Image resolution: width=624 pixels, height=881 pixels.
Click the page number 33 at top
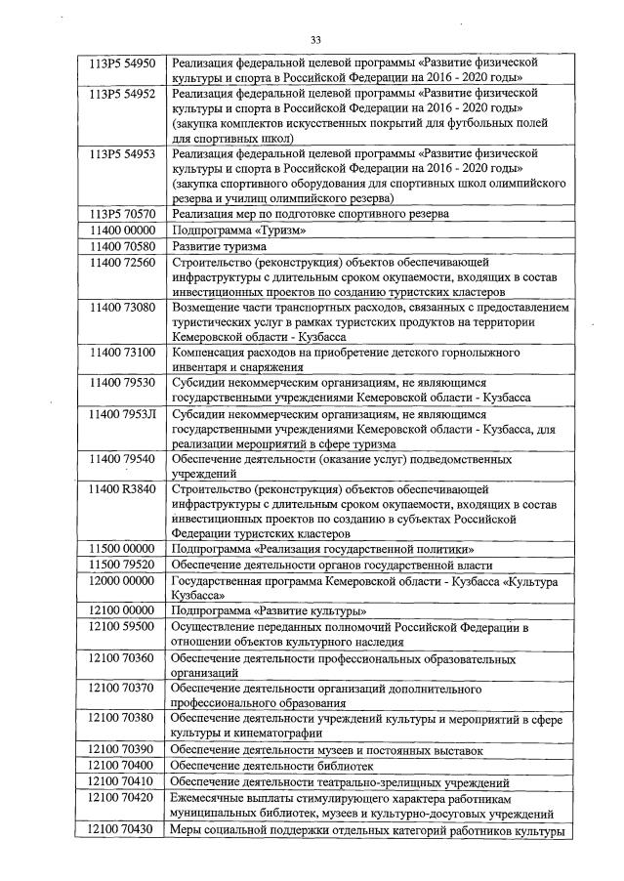coord(315,40)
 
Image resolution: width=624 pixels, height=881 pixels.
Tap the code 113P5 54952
coord(121,94)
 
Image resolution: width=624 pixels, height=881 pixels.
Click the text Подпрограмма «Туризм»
coord(238,231)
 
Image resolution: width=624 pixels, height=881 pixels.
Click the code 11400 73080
coord(121,308)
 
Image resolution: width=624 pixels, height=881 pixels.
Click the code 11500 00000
coord(121,550)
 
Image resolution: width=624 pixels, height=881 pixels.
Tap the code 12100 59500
coord(121,626)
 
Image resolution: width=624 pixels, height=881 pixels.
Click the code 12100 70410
coord(121,783)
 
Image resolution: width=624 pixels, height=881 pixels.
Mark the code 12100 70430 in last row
coord(121,829)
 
